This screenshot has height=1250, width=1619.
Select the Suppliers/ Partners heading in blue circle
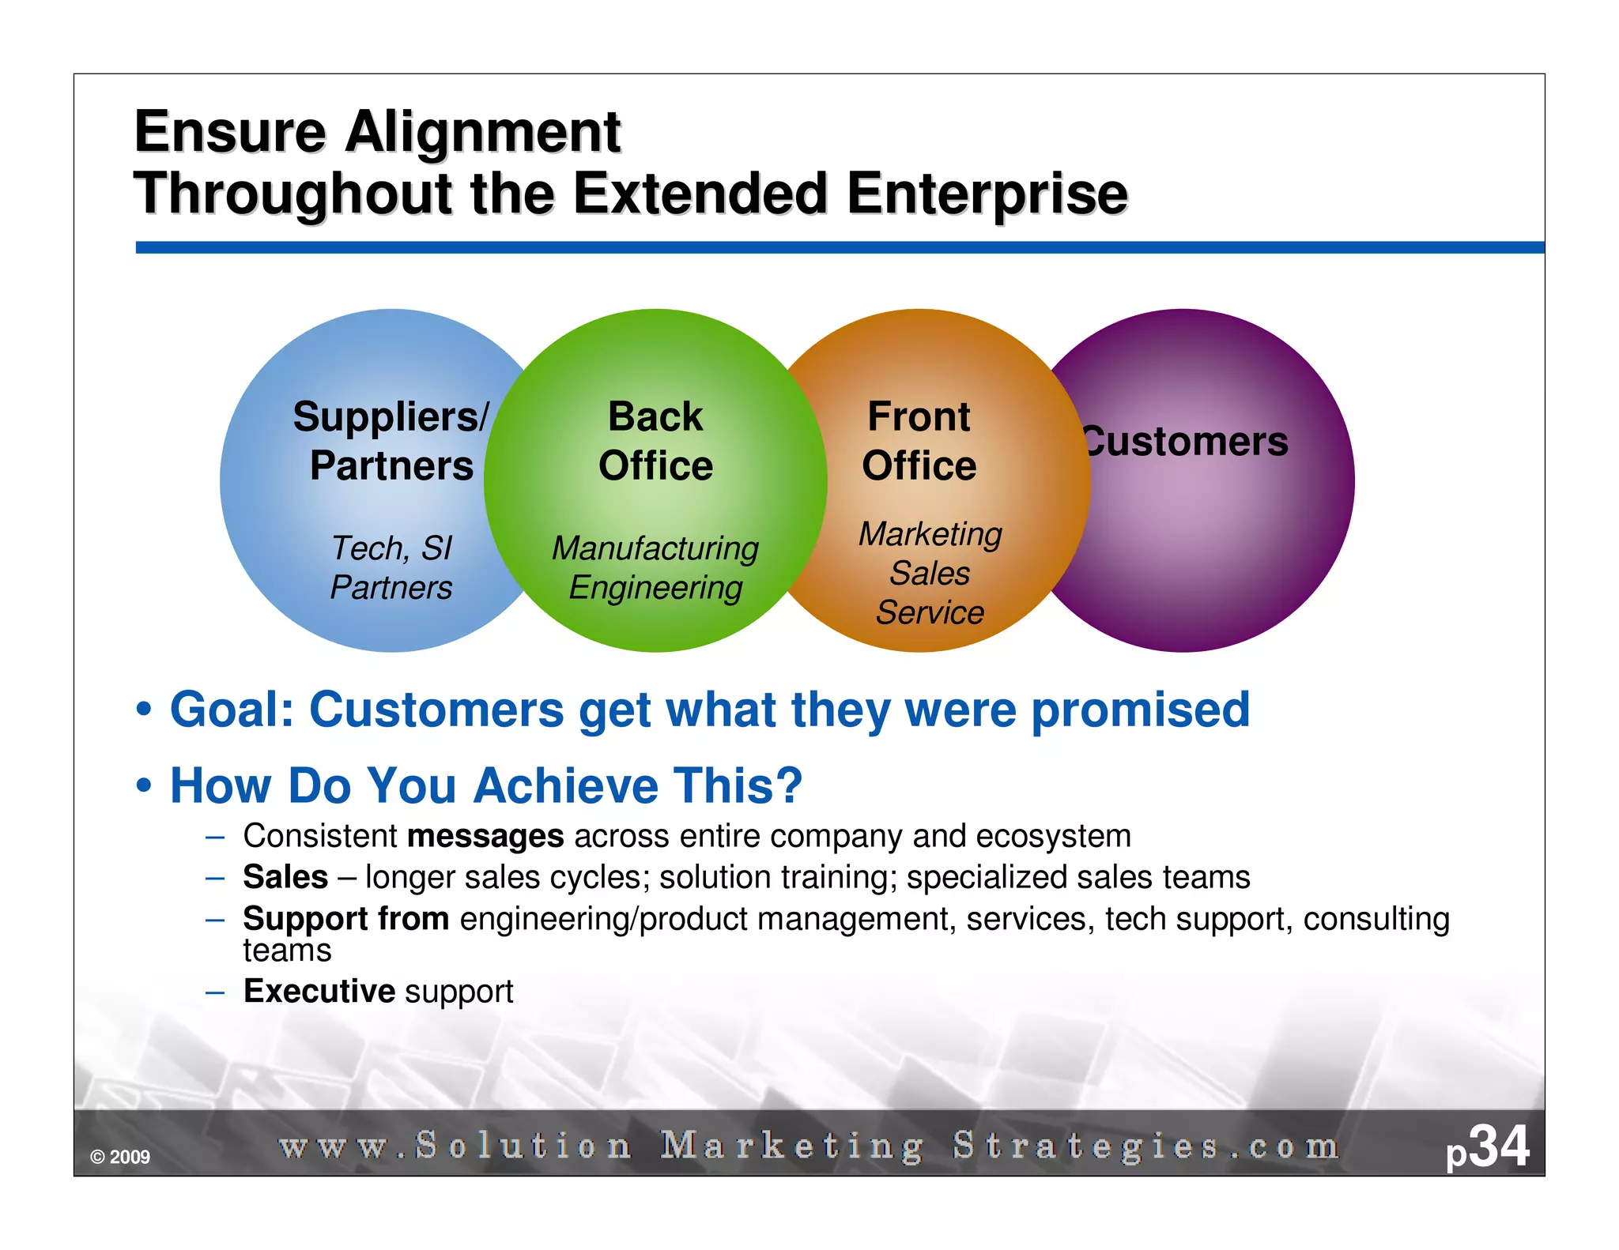(391, 441)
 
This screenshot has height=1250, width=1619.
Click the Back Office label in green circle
(655, 441)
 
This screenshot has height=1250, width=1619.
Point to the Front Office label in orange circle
(919, 441)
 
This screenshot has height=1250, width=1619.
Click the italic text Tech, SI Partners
(391, 567)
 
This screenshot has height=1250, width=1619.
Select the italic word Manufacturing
(655, 548)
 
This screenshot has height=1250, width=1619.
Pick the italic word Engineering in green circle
(655, 588)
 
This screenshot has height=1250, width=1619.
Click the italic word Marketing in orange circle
(930, 534)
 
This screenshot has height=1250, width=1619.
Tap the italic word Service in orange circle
(930, 612)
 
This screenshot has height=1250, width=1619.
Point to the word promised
(1141, 709)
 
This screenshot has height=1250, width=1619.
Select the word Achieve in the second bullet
(566, 785)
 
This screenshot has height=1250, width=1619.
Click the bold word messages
(485, 836)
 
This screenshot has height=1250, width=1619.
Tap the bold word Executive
(319, 991)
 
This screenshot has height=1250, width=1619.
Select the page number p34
(1487, 1147)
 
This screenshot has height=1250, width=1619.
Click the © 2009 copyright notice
(120, 1158)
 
